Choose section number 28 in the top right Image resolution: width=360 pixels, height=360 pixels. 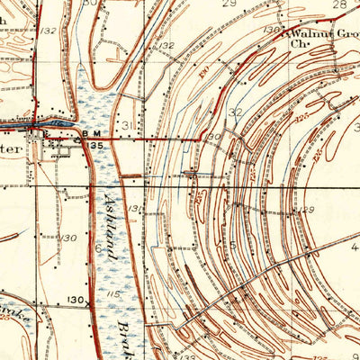click(x=340, y=4)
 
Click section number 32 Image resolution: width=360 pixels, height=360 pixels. click(x=236, y=112)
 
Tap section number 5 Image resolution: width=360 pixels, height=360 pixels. click(x=232, y=244)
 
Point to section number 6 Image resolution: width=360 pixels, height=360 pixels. click(x=98, y=247)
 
